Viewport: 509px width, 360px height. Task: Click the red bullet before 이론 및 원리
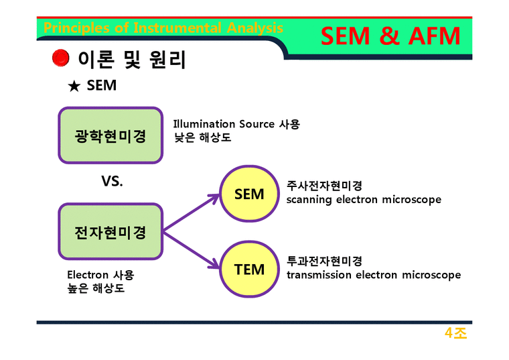[x=61, y=59]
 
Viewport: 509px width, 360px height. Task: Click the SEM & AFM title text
[x=390, y=36]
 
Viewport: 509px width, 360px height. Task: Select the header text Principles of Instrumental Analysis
[x=163, y=28]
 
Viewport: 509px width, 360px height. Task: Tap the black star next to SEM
[x=74, y=86]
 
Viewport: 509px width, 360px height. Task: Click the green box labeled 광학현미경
[x=111, y=135]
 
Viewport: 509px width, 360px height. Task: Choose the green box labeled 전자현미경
[x=111, y=232]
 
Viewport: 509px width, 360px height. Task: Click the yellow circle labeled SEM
[x=249, y=194]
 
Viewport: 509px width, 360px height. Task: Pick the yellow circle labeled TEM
[x=249, y=269]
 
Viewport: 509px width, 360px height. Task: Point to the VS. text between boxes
[x=112, y=182]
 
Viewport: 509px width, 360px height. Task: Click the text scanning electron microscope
[x=364, y=200]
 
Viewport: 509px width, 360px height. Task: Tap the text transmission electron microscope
[x=374, y=275]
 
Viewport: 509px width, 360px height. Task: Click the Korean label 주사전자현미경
[x=324, y=186]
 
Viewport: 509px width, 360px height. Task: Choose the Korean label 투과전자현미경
[x=324, y=261]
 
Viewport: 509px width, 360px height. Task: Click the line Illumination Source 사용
[x=236, y=124]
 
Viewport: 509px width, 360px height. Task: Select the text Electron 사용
[x=100, y=275]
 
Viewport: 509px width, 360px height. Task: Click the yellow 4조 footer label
[x=455, y=333]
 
